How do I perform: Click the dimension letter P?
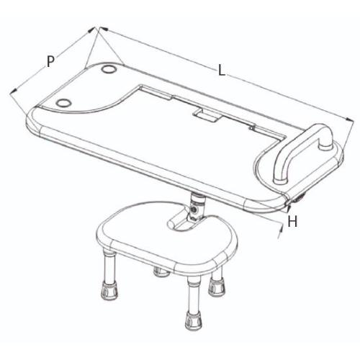50,61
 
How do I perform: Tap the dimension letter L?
222,71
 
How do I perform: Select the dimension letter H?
292,221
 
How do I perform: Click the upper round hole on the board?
109,69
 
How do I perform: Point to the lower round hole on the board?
63,103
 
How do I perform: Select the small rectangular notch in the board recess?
207,115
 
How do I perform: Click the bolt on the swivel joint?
194,210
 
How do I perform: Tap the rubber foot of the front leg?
194,320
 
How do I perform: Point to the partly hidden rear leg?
160,272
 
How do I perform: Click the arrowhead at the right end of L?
350,120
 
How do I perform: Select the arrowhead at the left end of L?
104,29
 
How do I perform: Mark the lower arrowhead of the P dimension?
14,91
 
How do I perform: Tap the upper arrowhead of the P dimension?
91,30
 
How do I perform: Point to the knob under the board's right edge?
299,199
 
